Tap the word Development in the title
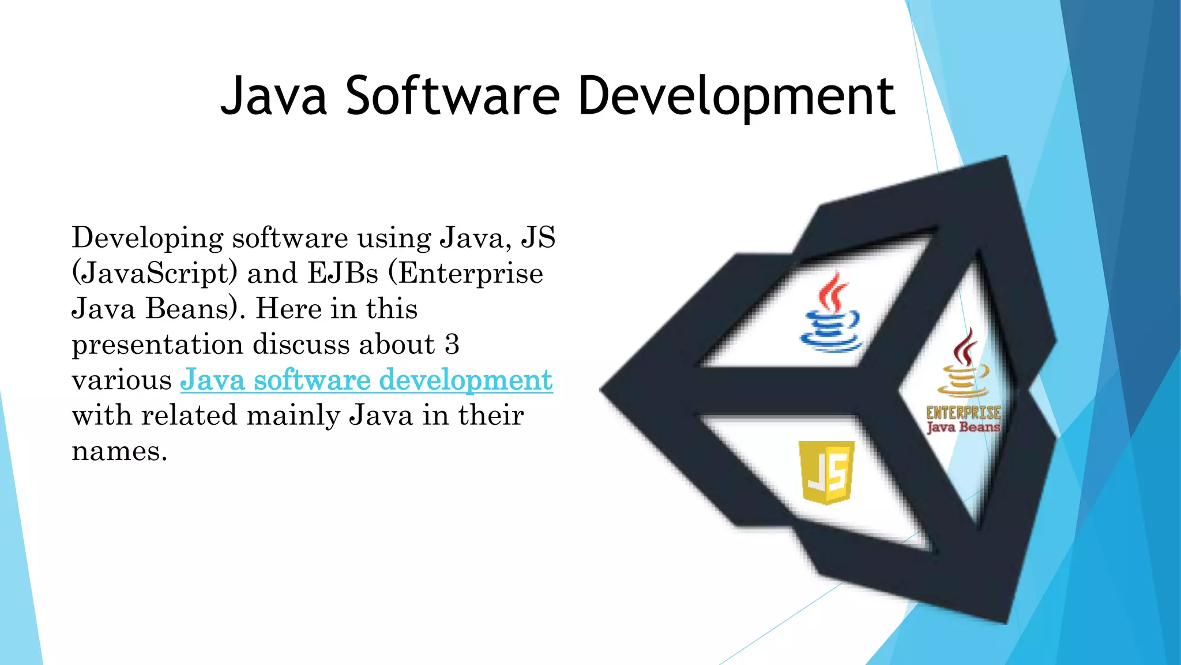[x=736, y=97]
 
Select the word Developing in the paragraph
[x=147, y=238]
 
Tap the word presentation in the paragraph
[x=157, y=345]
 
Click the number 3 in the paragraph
[x=452, y=344]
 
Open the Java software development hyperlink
[x=366, y=380]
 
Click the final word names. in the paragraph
[x=119, y=451]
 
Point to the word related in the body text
[x=189, y=415]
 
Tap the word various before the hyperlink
[x=122, y=380]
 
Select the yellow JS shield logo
[x=826, y=472]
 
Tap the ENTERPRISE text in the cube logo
[x=963, y=412]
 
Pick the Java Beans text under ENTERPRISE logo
[x=963, y=427]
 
